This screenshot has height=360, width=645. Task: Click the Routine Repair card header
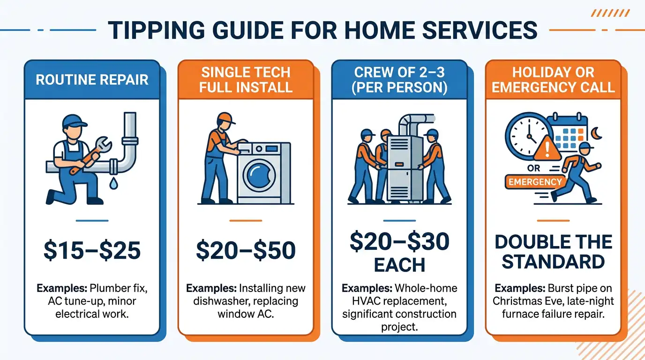[92, 79]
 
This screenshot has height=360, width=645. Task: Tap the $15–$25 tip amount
[92, 250]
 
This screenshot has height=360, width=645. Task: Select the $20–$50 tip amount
[246, 250]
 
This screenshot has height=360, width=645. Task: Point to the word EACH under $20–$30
[399, 265]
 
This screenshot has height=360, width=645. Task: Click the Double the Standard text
[553, 252]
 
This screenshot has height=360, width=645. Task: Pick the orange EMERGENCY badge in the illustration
[534, 182]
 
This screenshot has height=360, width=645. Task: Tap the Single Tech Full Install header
[246, 79]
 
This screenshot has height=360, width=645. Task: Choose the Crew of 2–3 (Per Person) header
[399, 79]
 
